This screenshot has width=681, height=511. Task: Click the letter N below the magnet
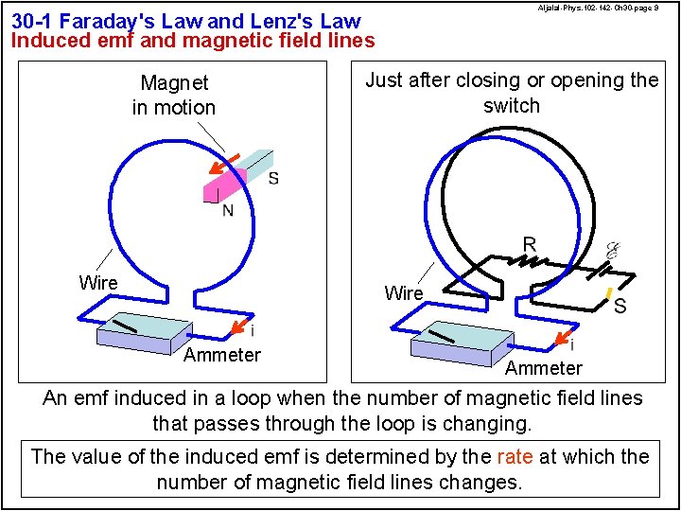[x=228, y=210]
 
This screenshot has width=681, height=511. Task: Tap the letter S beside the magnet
[x=273, y=178]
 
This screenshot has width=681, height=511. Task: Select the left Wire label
[x=98, y=283]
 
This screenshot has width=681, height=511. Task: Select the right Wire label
[x=404, y=293]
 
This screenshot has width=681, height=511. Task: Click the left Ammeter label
[x=221, y=355]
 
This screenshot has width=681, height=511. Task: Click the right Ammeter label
[x=543, y=368]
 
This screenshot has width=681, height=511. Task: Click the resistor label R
[x=530, y=245]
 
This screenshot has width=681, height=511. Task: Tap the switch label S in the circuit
[x=620, y=307]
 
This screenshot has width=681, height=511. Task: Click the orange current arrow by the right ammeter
[x=562, y=338]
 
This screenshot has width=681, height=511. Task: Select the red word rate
[x=515, y=456]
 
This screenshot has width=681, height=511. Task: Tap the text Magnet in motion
[x=174, y=96]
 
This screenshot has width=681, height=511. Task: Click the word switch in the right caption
[x=512, y=105]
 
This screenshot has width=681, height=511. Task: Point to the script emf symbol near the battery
[x=612, y=251]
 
